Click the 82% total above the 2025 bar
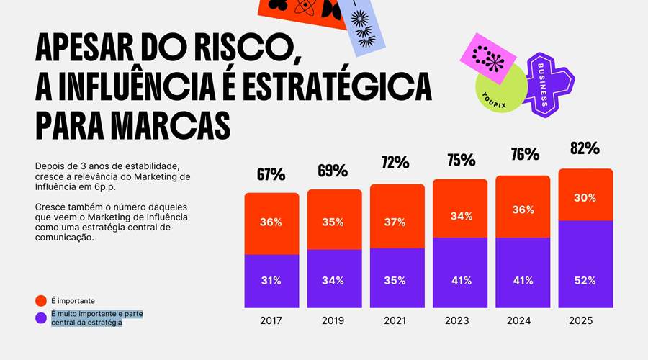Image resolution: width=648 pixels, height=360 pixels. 585,148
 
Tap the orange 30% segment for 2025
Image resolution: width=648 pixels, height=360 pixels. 585,197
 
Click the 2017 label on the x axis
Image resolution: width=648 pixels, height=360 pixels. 271,320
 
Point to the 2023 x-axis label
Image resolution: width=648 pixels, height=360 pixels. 460,320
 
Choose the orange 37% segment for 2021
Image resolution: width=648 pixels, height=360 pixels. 397,222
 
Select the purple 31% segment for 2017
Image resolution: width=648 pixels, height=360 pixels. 271,281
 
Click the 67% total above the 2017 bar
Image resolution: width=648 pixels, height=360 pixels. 271,174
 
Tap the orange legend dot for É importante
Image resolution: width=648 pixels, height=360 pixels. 41,300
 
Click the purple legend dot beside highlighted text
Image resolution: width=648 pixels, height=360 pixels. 41,318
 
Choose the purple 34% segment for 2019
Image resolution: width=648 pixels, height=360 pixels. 334,281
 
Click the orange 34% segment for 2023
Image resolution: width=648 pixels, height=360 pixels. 460,216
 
